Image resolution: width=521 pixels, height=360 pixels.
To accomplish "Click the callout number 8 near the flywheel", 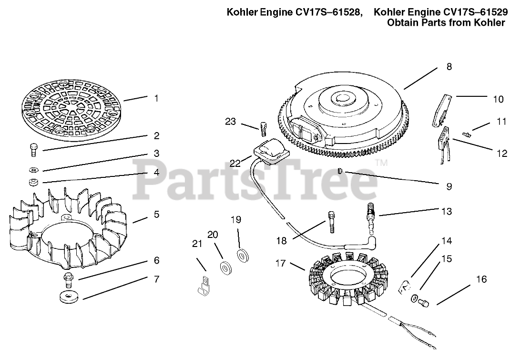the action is pyautogui.click(x=449, y=67).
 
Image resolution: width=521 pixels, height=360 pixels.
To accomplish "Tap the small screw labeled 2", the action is pyautogui.click(x=33, y=149).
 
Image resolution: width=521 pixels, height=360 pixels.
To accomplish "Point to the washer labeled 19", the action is pyautogui.click(x=243, y=255).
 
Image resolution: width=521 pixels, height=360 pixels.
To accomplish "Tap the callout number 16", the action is pyautogui.click(x=482, y=279).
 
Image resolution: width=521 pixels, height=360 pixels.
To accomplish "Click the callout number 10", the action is pyautogui.click(x=498, y=99).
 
